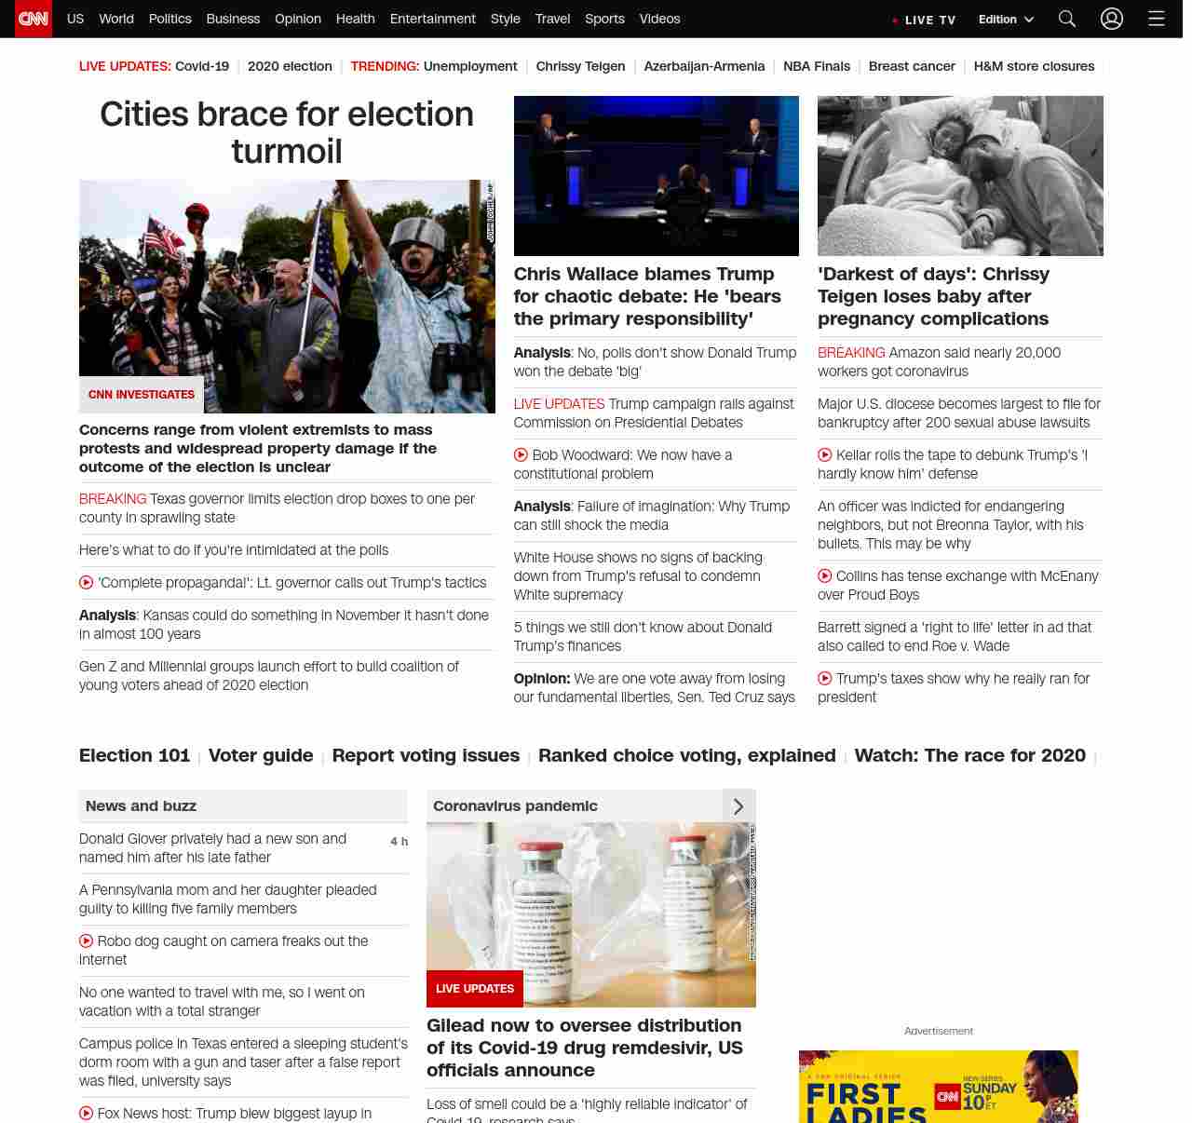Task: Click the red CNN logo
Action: [x=34, y=19]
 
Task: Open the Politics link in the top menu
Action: [x=169, y=19]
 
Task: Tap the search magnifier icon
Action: [x=1067, y=19]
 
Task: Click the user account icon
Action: [x=1112, y=19]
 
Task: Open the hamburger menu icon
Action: [x=1157, y=19]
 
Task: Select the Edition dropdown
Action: [x=1006, y=19]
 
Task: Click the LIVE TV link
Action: [x=925, y=20]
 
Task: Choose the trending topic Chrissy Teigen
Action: [x=580, y=66]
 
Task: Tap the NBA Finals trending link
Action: [x=817, y=66]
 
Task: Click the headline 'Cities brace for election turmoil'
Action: [x=287, y=132]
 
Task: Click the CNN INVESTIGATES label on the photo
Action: [x=142, y=395]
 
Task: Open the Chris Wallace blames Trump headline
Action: [x=647, y=296]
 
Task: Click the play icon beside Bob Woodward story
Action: [x=521, y=455]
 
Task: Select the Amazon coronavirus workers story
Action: [x=939, y=362]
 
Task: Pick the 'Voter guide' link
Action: [x=261, y=755]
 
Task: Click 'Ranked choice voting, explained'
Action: [x=686, y=755]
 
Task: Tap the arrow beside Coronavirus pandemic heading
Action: [x=738, y=806]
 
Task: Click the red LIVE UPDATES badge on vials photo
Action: [x=475, y=989]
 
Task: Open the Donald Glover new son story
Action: [x=212, y=848]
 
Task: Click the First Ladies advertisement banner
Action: [x=938, y=1087]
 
